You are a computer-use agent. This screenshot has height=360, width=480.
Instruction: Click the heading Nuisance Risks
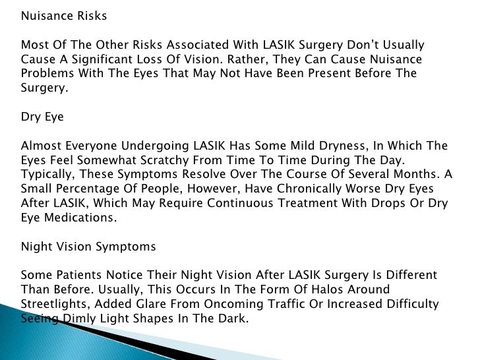click(63, 16)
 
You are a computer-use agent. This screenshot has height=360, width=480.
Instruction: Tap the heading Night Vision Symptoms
click(88, 247)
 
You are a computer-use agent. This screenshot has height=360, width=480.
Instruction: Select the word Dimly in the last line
click(79, 319)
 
